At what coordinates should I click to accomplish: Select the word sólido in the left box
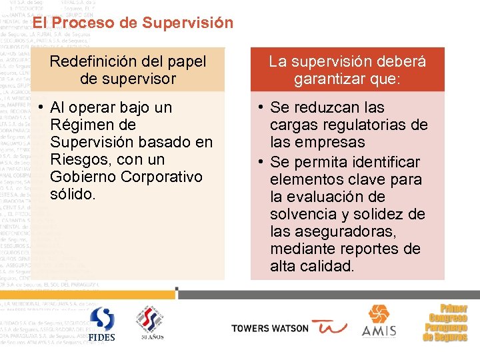pyautogui.click(x=73, y=194)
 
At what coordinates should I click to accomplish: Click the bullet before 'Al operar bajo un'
pyautogui.click(x=41, y=108)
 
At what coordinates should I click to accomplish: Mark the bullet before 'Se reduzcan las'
pyautogui.click(x=261, y=108)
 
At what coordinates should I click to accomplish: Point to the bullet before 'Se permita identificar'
pyautogui.click(x=261, y=163)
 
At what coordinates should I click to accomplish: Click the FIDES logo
pyautogui.click(x=102, y=324)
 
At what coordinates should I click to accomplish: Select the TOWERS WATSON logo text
pyautogui.click(x=270, y=328)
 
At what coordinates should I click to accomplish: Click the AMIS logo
pyautogui.click(x=379, y=321)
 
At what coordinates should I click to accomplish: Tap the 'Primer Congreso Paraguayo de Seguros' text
pyautogui.click(x=445, y=323)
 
